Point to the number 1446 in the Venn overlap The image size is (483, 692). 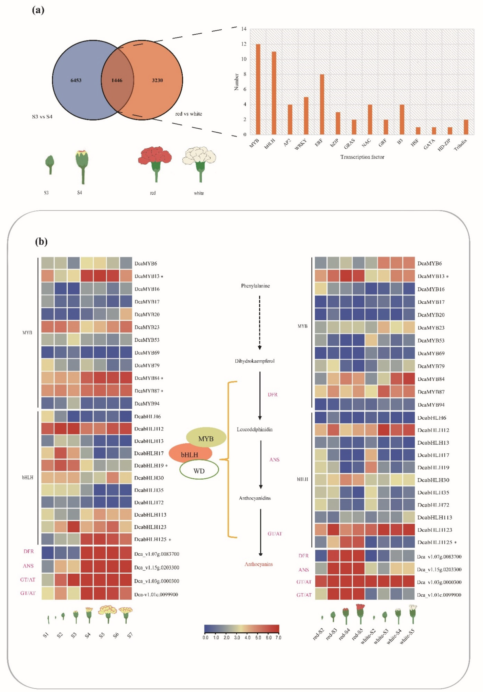point(117,80)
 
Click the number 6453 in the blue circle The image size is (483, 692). point(76,80)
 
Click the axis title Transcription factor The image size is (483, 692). point(362,157)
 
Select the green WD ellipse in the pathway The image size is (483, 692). point(199,471)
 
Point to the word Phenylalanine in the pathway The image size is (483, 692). point(255,286)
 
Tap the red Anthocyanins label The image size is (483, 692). point(259,564)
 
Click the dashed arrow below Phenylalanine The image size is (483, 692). point(260,322)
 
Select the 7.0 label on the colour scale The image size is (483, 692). point(278,638)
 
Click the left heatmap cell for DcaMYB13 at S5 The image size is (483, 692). point(100,276)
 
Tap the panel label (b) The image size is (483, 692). point(41,241)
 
